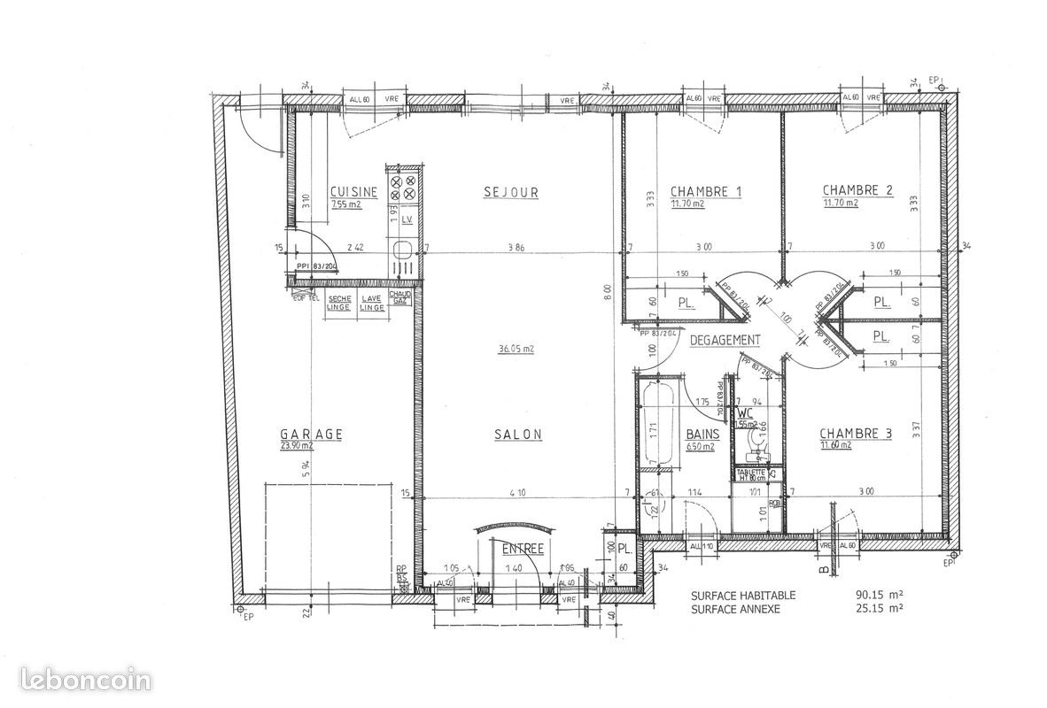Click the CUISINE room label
tap(353, 192)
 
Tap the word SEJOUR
tap(511, 192)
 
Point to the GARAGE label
tap(311, 435)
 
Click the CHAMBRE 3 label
tap(855, 434)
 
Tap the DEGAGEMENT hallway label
tap(725, 340)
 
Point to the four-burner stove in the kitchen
tap(403, 186)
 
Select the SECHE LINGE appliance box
tap(339, 303)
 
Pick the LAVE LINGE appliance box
tap(372, 303)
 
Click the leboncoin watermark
tap(76, 681)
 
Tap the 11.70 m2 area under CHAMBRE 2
tap(841, 204)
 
